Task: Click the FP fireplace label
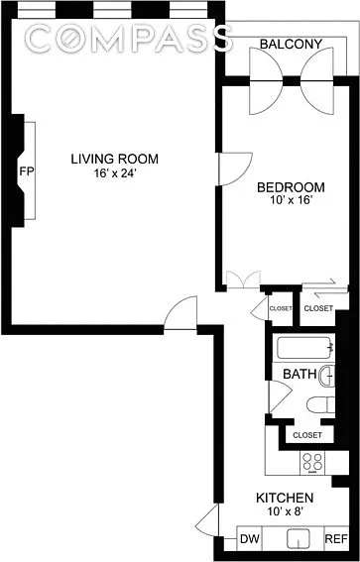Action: click(x=27, y=170)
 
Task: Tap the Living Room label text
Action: click(x=114, y=159)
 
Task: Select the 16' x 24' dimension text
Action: click(x=114, y=172)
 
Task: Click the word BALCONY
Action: click(x=291, y=44)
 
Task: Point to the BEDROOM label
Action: click(x=292, y=187)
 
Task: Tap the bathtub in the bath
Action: click(x=305, y=347)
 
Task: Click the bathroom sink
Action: click(x=327, y=376)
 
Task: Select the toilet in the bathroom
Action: click(x=321, y=404)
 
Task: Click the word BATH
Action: click(x=300, y=375)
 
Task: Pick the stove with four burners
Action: click(x=312, y=463)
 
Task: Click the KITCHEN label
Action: click(x=285, y=498)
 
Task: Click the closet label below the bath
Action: click(x=307, y=435)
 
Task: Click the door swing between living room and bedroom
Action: click(x=235, y=169)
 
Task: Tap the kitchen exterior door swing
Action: click(x=207, y=520)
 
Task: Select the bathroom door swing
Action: click(x=281, y=396)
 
